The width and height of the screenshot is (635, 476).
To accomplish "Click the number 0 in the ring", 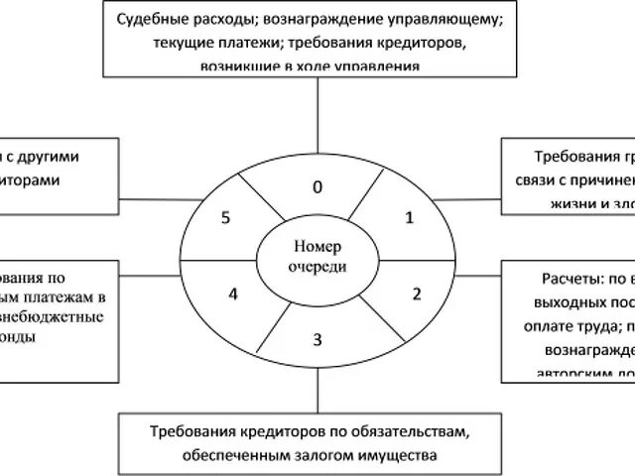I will click(x=317, y=185).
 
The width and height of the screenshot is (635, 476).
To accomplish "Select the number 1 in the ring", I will click(x=409, y=218).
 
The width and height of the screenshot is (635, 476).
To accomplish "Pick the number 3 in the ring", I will click(x=317, y=341).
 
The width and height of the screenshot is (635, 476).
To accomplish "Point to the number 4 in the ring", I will click(x=233, y=294).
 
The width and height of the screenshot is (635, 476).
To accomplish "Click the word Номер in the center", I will click(x=317, y=248).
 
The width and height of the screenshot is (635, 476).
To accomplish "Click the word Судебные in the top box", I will click(x=150, y=21).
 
